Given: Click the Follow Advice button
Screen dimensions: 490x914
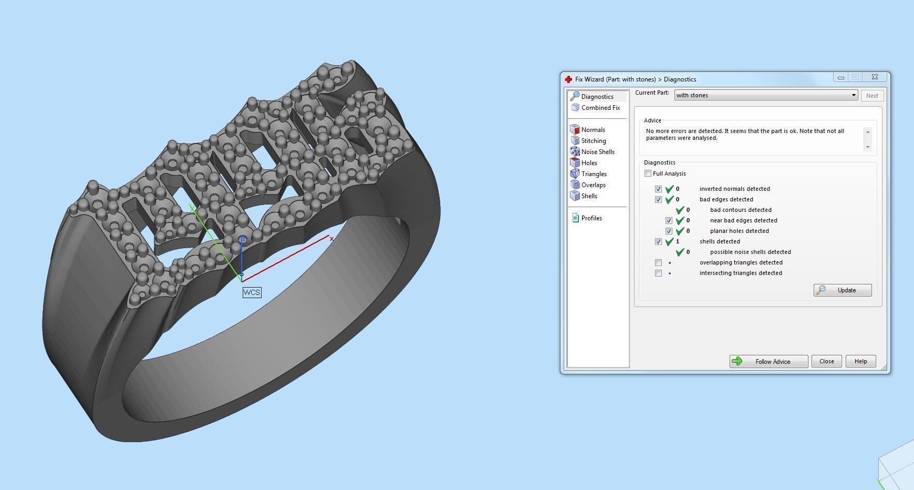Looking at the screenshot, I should (768, 361).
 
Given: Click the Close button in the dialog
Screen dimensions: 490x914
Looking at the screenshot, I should (826, 361).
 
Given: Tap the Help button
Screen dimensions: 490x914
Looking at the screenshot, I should (860, 361).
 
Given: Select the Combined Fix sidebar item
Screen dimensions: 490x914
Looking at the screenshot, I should (600, 108).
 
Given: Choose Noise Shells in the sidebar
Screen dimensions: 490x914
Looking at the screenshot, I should (597, 152).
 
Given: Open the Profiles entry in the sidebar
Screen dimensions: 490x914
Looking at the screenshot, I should (591, 218).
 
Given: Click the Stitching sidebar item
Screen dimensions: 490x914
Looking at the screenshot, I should (593, 141).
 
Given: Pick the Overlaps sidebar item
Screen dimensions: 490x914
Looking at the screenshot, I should (593, 185).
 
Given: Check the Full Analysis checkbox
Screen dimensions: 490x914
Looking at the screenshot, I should (648, 173).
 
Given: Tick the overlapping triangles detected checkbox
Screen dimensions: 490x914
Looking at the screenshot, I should (658, 262).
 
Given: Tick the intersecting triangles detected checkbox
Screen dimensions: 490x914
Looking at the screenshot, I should (658, 273).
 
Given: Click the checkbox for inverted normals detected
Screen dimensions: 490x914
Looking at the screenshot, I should (658, 189).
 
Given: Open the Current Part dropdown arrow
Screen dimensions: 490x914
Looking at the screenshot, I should (854, 95).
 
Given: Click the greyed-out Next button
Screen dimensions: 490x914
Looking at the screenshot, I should (872, 96).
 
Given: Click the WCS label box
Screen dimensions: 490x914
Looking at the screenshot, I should (252, 292).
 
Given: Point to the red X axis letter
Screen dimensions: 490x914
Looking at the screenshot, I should (331, 239).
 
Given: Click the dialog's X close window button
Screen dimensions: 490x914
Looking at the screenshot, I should (875, 77).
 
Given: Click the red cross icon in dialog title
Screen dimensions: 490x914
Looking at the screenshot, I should (568, 79).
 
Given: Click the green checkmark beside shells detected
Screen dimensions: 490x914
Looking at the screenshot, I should (669, 241).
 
